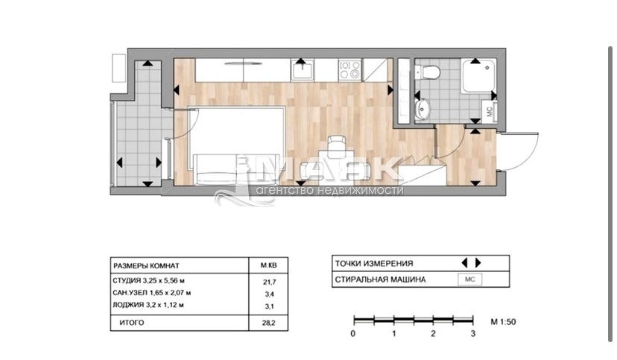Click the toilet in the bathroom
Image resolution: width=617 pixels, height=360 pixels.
coord(428,72)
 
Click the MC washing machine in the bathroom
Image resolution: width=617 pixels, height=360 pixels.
coord(490,112)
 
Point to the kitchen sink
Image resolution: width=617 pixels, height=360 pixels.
coord(303,70)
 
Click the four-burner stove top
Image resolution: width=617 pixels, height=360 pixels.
coord(350,70)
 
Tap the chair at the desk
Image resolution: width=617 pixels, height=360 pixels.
coord(337,143)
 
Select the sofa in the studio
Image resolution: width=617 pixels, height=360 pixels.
coord(215,169)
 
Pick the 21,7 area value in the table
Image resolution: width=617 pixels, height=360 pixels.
coord(269,282)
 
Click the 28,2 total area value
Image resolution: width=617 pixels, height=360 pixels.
coord(269,323)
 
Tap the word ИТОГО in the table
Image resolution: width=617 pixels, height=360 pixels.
coord(132,323)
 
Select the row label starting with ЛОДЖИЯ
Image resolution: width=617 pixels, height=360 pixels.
coord(148,305)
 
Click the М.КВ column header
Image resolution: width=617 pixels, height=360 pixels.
coord(268,265)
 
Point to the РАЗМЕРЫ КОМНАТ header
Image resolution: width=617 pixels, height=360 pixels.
coord(146,265)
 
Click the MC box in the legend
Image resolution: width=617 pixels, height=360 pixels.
coord(470,280)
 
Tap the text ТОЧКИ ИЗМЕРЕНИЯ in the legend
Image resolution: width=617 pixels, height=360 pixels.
coord(374,264)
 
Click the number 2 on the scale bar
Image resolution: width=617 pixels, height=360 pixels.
coord(433,334)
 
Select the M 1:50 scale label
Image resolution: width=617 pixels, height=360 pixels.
coord(503,322)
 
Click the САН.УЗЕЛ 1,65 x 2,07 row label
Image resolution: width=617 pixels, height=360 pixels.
coord(152,293)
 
